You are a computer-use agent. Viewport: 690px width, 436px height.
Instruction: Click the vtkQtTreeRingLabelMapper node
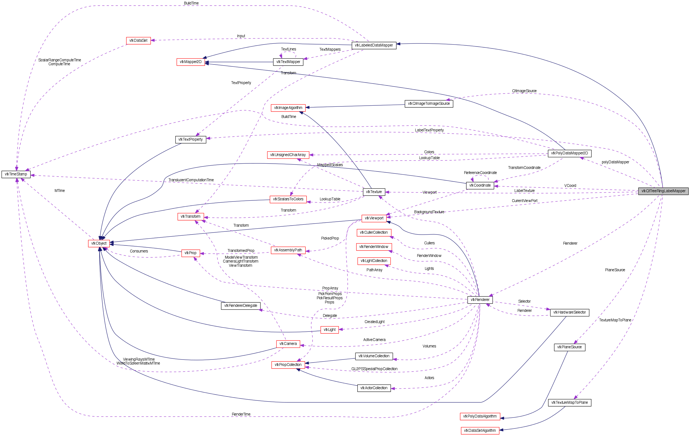(663, 191)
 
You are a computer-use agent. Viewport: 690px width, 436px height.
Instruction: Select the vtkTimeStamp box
(16, 174)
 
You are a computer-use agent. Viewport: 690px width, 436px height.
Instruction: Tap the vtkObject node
(99, 243)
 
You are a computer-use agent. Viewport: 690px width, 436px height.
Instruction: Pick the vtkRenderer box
(480, 300)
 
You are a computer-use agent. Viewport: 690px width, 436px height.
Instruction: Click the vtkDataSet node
(138, 41)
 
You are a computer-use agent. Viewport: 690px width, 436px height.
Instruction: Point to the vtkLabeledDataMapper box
(374, 45)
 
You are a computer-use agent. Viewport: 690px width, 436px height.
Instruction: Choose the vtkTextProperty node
(190, 140)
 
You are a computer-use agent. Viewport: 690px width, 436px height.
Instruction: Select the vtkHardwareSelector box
(569, 312)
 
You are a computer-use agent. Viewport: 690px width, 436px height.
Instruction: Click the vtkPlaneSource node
(569, 347)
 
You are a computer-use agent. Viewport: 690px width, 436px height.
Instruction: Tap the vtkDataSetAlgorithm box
(480, 431)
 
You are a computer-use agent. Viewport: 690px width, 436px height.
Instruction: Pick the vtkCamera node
(288, 344)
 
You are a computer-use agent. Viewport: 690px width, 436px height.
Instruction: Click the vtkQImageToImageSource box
(429, 104)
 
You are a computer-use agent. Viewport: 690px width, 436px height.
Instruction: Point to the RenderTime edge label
(241, 414)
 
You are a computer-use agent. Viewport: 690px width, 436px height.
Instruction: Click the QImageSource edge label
(524, 91)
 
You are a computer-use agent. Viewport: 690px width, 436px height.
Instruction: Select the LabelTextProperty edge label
(429, 130)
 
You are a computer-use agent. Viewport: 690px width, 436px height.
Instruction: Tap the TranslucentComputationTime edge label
(191, 180)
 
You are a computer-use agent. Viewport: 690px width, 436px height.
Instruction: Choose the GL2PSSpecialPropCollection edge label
(374, 369)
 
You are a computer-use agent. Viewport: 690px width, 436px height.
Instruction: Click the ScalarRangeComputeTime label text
(60, 60)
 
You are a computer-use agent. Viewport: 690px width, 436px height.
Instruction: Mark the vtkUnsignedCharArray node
(288, 155)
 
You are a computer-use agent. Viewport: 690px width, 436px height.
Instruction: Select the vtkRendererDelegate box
(241, 306)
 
